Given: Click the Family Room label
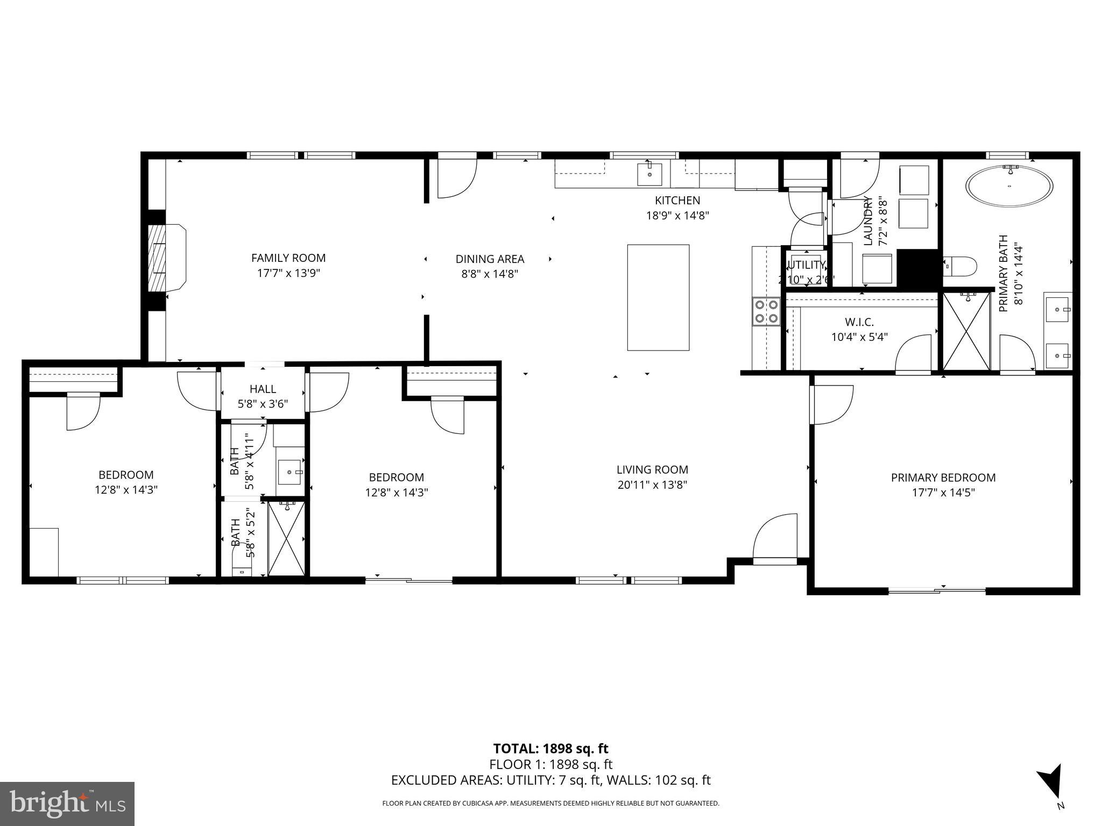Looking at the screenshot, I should pyautogui.click(x=288, y=258).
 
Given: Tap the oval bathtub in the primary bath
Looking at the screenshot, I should pyautogui.click(x=1009, y=187).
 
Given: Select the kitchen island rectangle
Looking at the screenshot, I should pyautogui.click(x=658, y=297).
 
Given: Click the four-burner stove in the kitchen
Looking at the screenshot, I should pyautogui.click(x=766, y=311).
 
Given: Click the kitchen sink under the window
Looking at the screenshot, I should pyautogui.click(x=649, y=174).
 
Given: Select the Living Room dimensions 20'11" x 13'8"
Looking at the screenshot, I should pyautogui.click(x=652, y=485).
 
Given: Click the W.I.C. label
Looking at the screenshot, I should pyautogui.click(x=859, y=322).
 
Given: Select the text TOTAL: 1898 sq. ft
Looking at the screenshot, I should pyautogui.click(x=550, y=749).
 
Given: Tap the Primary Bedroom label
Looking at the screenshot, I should pyautogui.click(x=943, y=478).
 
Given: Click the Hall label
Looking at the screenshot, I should pyautogui.click(x=263, y=389).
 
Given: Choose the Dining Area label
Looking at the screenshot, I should pyautogui.click(x=490, y=259).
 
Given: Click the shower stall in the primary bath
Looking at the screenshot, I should pyautogui.click(x=966, y=332).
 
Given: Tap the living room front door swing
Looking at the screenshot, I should pyautogui.click(x=775, y=538).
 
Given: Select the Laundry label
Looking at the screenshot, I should pyautogui.click(x=867, y=221).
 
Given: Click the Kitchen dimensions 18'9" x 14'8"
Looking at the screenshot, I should pyautogui.click(x=677, y=216).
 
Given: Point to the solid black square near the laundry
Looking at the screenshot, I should pyautogui.click(x=918, y=268).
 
